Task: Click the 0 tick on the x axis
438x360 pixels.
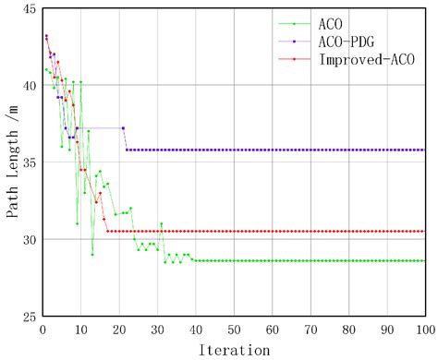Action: pos(43,329)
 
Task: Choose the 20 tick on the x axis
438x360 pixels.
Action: pos(119,329)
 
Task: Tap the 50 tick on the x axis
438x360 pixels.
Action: pos(234,329)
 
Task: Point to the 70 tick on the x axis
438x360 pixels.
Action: pos(310,329)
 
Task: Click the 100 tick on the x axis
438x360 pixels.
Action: pos(424,329)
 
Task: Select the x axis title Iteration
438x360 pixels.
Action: pos(234,350)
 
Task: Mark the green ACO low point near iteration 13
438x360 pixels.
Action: pos(92,255)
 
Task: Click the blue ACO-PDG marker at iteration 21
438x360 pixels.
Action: pos(123,127)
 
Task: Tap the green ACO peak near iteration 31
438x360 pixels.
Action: pos(161,223)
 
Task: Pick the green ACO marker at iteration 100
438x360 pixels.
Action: pos(425,260)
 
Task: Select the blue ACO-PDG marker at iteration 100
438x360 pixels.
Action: pos(425,150)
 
